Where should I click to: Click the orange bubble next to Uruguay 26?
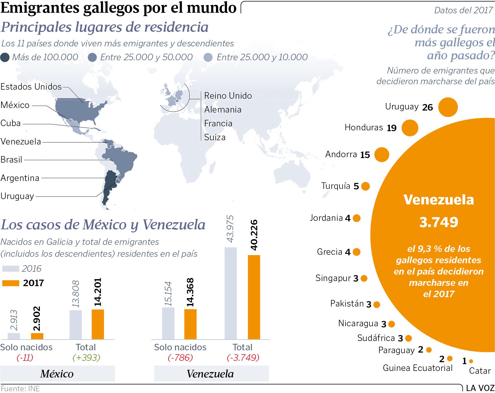(448, 107)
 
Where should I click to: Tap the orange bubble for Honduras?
(410, 128)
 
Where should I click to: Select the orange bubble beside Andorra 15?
(382, 155)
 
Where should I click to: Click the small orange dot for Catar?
(471, 361)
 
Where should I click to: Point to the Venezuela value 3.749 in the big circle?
(438, 222)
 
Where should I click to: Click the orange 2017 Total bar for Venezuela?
(254, 297)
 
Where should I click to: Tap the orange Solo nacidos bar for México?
(37, 336)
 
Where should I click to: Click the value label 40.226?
(254, 235)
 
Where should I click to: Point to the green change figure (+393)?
(87, 358)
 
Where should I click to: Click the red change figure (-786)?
(180, 358)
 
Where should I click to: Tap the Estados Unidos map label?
(31, 87)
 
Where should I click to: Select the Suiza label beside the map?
(215, 137)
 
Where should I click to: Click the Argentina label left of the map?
(20, 178)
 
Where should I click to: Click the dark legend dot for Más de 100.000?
(5, 57)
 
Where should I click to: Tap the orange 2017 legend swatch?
(11, 283)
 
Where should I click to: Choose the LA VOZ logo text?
(480, 388)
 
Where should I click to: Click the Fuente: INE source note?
(20, 388)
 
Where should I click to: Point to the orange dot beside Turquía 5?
(365, 186)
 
